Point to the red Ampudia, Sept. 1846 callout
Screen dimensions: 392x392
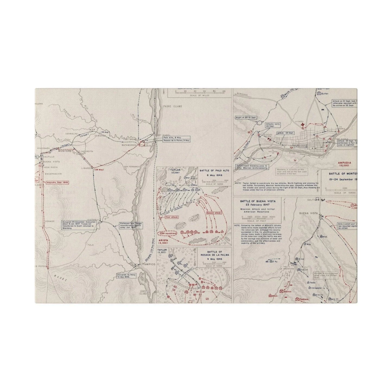click(x=58, y=183)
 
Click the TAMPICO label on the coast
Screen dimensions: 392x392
click(x=147, y=264)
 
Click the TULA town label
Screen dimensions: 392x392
click(x=90, y=245)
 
